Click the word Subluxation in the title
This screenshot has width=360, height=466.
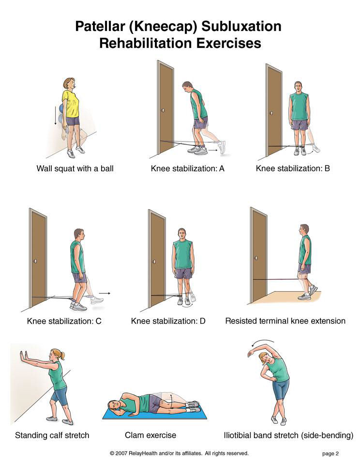241,26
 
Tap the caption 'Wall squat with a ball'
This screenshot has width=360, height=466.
75,168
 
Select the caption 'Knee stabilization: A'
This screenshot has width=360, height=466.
188,168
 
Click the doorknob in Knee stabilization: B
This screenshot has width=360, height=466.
272,113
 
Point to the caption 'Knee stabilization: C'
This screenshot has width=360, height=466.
64,321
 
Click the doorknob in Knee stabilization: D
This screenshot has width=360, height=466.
154,261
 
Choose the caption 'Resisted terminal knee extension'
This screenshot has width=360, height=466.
285,321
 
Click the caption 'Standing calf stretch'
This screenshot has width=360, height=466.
52,436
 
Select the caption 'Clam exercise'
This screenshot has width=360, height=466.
150,436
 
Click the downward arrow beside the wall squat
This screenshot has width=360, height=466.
55,115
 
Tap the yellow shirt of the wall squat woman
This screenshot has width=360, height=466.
71,104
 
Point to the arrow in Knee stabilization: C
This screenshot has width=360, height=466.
105,293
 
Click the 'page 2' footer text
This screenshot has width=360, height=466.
330,453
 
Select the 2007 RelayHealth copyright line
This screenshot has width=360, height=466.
179,453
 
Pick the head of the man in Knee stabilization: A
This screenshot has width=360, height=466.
188,87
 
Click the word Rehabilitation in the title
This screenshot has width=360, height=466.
146,43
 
